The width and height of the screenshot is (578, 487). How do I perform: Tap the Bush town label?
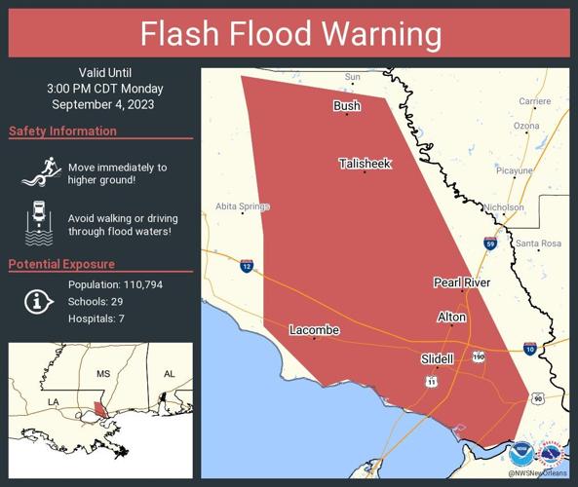[x=346, y=106]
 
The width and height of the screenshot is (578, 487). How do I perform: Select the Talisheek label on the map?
[x=365, y=164]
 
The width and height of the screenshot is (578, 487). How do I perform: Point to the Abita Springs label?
[x=243, y=206]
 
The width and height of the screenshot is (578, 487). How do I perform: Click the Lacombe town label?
[x=314, y=330]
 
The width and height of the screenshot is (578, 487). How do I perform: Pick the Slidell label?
[x=437, y=358]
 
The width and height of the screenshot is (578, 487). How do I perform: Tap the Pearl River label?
[x=461, y=282]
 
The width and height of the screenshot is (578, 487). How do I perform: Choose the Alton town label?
[x=450, y=318]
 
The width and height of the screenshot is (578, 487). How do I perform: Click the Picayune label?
[x=514, y=170]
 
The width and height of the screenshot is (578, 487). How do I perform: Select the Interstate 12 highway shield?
[x=248, y=265]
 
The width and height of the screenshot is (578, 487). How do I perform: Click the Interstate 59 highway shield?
[x=489, y=243]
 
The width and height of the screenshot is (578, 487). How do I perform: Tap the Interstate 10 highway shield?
[x=529, y=348]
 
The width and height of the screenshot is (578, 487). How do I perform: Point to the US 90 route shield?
[x=536, y=397]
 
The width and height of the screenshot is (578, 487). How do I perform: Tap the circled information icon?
[x=38, y=302]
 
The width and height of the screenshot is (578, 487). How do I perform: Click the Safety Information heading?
[x=62, y=131]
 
